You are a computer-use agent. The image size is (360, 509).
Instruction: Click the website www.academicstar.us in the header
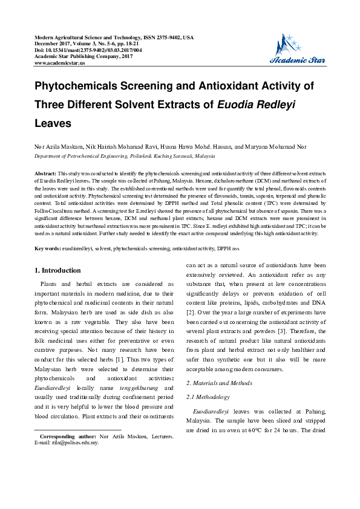[60, 62]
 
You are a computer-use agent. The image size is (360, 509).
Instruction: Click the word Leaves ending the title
[53, 123]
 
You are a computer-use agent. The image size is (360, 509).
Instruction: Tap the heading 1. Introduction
[58, 270]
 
